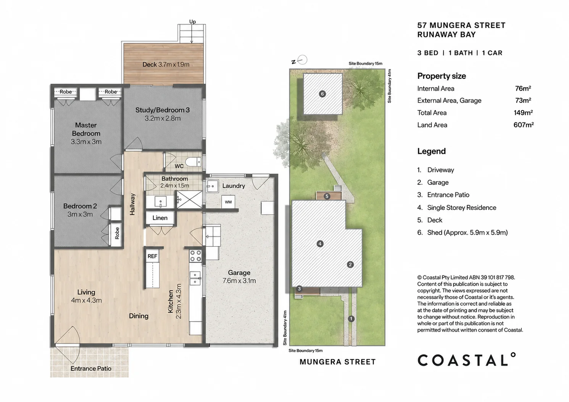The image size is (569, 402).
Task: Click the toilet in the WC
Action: pos(193,162)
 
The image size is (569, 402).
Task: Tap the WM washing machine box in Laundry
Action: pos(228,202)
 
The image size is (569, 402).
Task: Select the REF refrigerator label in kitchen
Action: pos(152,256)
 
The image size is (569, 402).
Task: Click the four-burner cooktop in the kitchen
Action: pos(196,256)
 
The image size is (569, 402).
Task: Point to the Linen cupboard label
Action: pos(160,218)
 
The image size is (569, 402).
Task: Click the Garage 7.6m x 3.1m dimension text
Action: pos(239,281)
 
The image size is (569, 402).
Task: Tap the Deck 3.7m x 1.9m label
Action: pos(166,64)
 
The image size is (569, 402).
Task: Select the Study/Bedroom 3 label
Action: pos(163,110)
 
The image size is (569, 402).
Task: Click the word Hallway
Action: pos(132,204)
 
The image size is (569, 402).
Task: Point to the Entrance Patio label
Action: pos(91,368)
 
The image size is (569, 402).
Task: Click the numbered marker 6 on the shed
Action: pos(322,94)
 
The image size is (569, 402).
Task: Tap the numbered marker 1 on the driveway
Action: pos(351,319)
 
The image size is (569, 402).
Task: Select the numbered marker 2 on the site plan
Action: pos(350,264)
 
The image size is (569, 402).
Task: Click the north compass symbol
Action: pos(300,60)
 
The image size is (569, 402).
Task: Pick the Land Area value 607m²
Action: pos(524,125)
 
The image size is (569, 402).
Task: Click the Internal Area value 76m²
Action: pos(523,88)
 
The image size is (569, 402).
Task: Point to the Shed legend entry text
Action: pos(467,232)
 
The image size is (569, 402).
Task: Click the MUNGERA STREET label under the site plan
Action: pos(338,362)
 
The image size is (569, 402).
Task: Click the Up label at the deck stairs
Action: pos(193,22)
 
